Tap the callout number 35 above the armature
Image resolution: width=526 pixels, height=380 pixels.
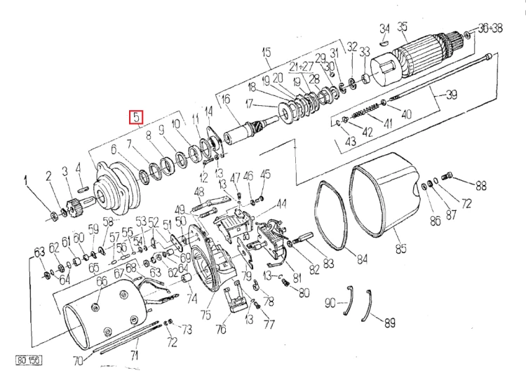coord(402,27)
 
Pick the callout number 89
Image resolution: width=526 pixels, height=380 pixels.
coord(389,323)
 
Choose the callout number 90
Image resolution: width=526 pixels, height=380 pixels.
coord(330,303)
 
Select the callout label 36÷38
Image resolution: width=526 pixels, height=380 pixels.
coord(491,27)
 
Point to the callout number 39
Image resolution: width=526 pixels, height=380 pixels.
coord(452,94)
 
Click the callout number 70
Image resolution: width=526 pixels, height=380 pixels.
coord(78,361)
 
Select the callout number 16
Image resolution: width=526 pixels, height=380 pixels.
coord(226,100)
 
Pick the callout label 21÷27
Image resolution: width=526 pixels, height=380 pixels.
coord(306,66)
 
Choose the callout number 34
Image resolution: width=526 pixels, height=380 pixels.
coord(384,27)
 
